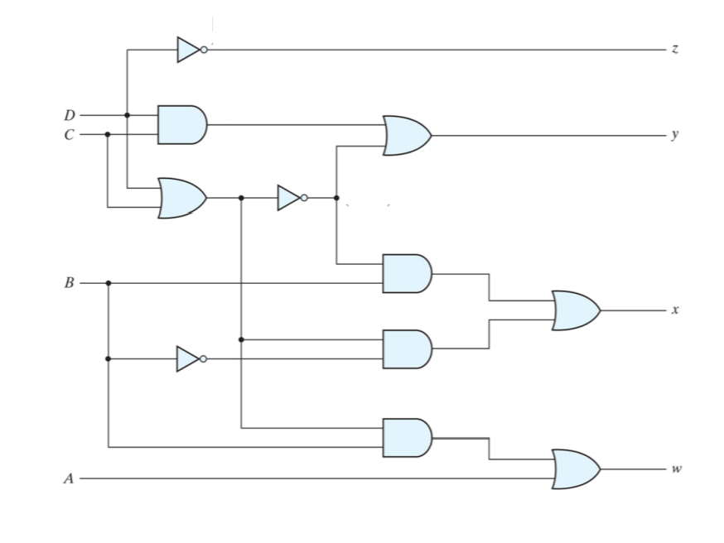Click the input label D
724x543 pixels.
69,115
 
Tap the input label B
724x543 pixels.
69,283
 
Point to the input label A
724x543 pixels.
69,478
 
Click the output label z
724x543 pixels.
675,50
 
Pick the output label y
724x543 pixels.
675,135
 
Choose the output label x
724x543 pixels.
675,310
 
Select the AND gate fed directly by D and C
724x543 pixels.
181,125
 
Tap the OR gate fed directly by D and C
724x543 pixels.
181,198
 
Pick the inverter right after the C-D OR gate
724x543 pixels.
291,198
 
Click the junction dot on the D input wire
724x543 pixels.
127,115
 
